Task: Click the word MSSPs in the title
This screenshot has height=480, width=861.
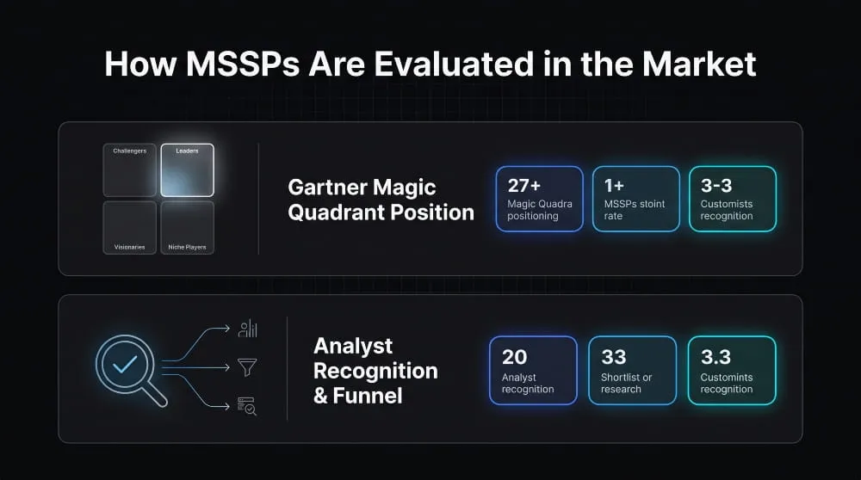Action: [x=243, y=64]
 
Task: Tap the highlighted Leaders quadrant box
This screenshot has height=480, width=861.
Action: [x=187, y=170]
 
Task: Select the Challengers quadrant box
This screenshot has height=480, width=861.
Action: [x=130, y=170]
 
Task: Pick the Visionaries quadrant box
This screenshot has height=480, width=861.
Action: [x=130, y=228]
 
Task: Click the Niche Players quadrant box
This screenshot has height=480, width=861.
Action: [x=187, y=228]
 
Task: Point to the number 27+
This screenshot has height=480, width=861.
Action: [x=523, y=186]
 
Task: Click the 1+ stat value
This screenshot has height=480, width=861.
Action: [x=614, y=186]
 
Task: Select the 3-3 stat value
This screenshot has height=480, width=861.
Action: [x=716, y=186]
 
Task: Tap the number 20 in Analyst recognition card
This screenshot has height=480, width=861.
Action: [x=515, y=357]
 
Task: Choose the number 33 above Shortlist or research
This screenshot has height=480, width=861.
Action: [x=613, y=357]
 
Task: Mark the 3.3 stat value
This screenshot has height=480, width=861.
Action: [x=715, y=357]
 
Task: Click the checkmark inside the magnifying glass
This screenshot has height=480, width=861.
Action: [x=125, y=364]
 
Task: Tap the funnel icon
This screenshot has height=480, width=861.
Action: [x=247, y=367]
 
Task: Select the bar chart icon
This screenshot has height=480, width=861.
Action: [x=248, y=328]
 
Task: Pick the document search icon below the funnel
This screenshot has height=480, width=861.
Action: [x=247, y=406]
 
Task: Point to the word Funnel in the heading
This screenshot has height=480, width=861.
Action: [x=368, y=396]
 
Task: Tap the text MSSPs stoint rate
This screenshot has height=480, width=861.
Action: [x=635, y=210]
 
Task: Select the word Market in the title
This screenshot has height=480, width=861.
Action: [x=699, y=64]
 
